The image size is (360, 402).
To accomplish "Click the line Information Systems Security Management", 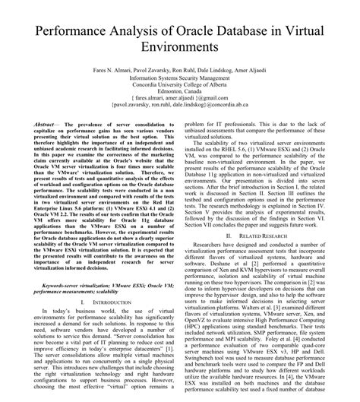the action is pos(180,77).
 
